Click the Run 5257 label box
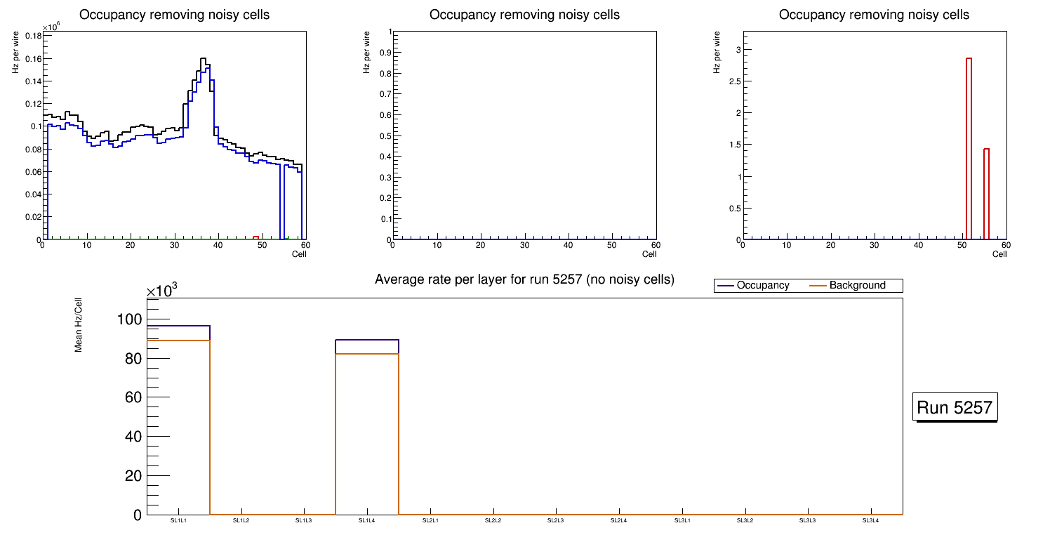(x=956, y=407)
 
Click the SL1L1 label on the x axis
(x=179, y=520)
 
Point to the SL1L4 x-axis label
(x=367, y=520)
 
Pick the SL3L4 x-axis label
(x=870, y=520)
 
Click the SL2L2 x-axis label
(x=493, y=520)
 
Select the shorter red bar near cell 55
(x=986, y=193)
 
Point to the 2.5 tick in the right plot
(x=733, y=81)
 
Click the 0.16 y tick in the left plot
(x=32, y=59)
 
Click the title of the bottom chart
(x=524, y=279)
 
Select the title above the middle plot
(x=524, y=15)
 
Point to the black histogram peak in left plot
(x=203, y=59)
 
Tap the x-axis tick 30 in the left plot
(x=173, y=245)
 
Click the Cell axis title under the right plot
(x=999, y=254)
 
